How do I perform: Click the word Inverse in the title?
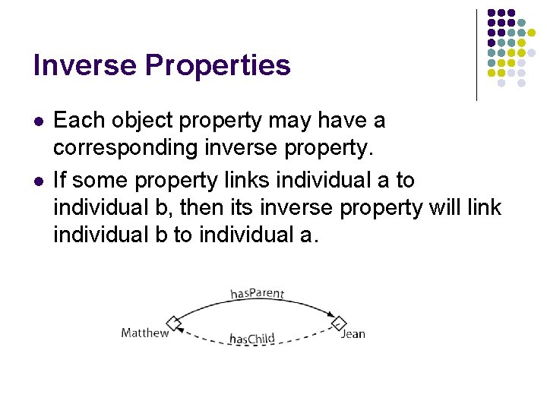click(x=81, y=65)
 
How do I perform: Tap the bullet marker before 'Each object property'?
click(x=38, y=121)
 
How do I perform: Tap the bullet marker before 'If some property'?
click(x=38, y=181)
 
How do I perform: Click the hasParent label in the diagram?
click(x=257, y=294)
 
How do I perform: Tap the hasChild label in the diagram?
click(x=251, y=339)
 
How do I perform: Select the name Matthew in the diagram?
click(x=144, y=333)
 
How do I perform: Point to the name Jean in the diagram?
click(x=353, y=334)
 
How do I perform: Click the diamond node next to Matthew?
click(x=174, y=323)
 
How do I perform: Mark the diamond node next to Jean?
click(x=339, y=323)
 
